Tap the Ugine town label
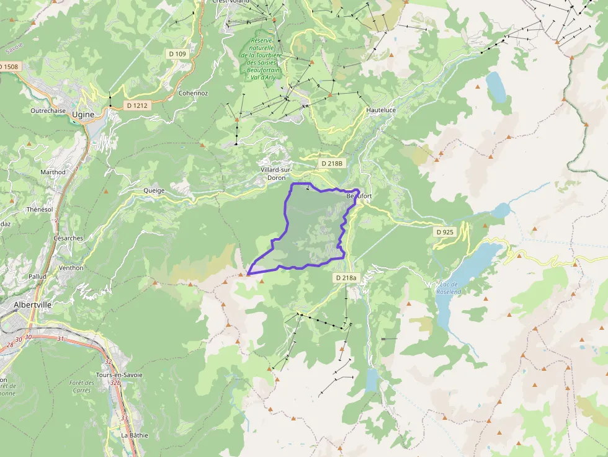pos(83,115)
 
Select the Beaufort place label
pos(359,196)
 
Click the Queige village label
pos(154,190)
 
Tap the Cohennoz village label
pos(193,93)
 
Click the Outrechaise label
pos(48,110)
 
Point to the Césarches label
pos(68,238)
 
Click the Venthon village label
pos(71,268)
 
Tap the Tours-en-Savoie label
pos(119,375)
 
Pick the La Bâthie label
pos(135,435)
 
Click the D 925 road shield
pos(445,231)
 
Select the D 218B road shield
pos(331,163)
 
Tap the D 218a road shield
pos(346,278)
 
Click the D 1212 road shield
pos(137,105)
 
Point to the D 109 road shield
pos(177,54)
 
